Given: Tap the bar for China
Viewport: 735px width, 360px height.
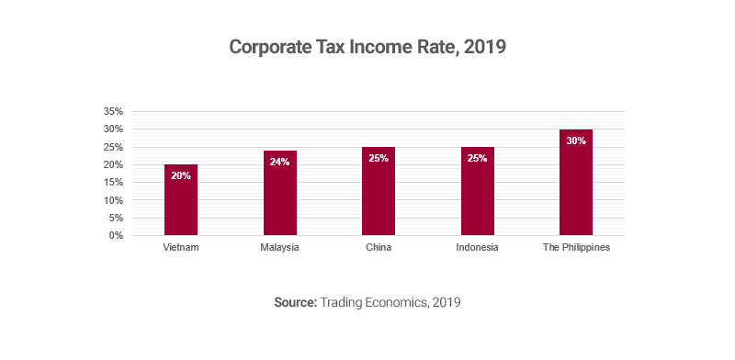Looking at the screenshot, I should [379, 197].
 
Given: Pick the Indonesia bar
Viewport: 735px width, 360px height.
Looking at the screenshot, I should [477, 197].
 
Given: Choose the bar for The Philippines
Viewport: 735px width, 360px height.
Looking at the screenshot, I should [576, 188].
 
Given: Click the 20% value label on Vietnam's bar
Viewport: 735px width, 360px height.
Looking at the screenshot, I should [181, 175].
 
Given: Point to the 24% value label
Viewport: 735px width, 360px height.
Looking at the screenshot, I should [279, 162].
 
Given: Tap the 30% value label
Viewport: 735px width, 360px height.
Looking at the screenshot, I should [576, 141].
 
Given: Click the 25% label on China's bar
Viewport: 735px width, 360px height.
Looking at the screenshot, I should [379, 158].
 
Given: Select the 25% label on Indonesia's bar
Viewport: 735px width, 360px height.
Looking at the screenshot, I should [477, 158].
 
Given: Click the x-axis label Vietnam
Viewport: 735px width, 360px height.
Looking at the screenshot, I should [181, 248].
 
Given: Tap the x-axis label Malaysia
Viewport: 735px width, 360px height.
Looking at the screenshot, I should [279, 248].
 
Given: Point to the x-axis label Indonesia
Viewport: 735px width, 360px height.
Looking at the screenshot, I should [477, 248].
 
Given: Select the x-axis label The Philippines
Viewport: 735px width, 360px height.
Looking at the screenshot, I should [576, 248].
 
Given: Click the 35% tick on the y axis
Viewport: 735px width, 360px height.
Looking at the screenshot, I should [113, 111].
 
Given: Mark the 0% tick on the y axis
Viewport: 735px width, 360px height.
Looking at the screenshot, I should [117, 235].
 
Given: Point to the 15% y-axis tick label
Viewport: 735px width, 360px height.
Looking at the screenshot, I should [113, 182].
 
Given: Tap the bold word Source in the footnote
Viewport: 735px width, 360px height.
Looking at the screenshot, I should [294, 301].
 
